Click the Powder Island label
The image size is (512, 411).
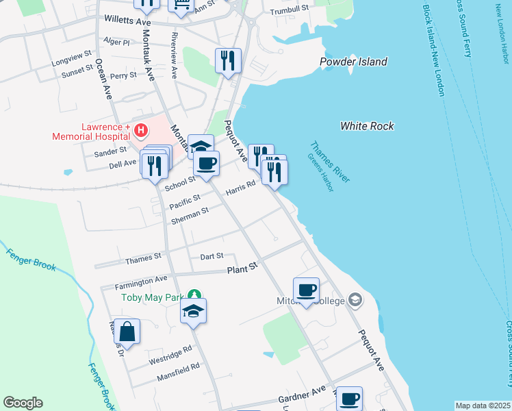tap(353, 62)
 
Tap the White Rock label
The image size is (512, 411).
tap(367, 126)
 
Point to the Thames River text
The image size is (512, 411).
tap(331, 162)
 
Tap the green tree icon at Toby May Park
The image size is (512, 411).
tap(194, 296)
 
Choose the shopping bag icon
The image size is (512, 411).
tap(127, 332)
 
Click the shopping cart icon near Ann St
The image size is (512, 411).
tap(181, 5)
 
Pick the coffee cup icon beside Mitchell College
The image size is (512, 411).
tap(306, 289)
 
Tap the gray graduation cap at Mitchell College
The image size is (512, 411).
tap(355, 300)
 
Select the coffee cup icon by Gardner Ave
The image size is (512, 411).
tap(349, 398)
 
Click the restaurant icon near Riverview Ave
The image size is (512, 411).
tap(228, 60)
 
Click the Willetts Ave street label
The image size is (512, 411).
tap(127, 22)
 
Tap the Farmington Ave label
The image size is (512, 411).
tap(142, 279)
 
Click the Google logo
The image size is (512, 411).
tap(23, 403)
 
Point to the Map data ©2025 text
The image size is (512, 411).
tap(483, 406)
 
